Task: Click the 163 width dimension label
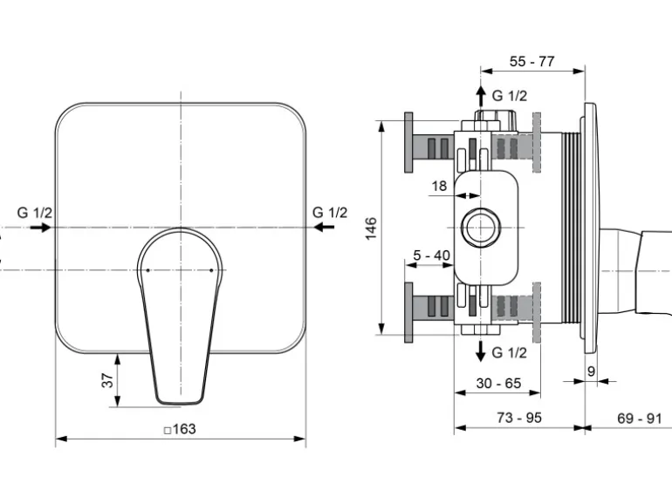pos(180,429)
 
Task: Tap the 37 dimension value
pos(107,380)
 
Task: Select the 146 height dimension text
pos(371,228)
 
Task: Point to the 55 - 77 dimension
pos(531,61)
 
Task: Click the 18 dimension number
pos(439,186)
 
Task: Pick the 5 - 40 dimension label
pos(432,255)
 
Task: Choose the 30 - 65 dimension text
pos(498,383)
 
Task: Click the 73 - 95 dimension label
pos(519,417)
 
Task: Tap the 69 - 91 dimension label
pos(640,418)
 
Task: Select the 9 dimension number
pos(591,371)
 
